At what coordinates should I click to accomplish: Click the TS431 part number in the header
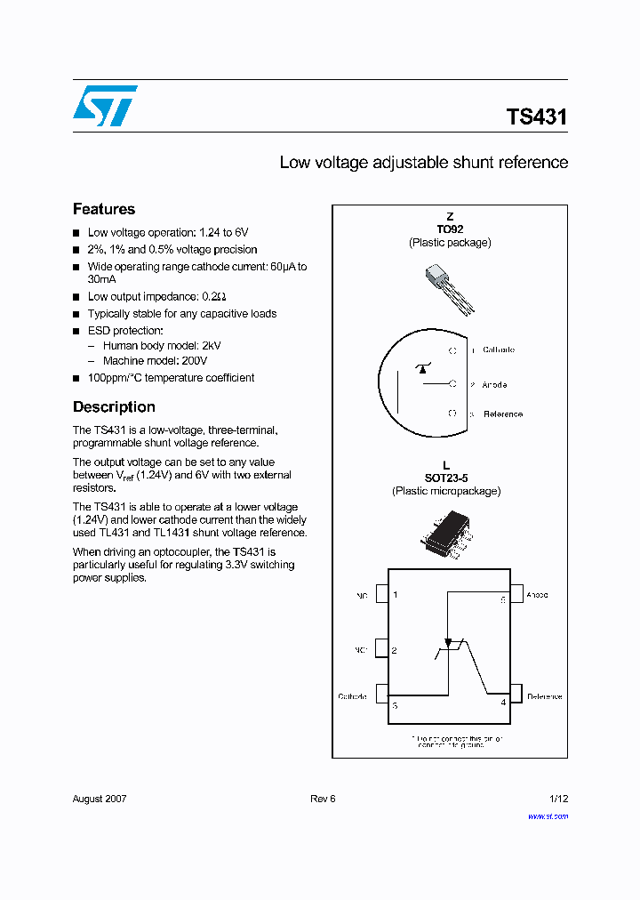coord(536,117)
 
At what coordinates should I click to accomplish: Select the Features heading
coord(104,209)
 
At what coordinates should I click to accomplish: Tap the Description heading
coord(114,406)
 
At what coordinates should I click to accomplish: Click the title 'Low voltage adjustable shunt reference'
coord(423,163)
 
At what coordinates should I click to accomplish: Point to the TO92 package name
coord(450,229)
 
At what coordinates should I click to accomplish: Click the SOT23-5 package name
coord(446,478)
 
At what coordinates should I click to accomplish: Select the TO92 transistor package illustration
coord(450,288)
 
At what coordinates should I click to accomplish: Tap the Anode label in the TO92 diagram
coord(494,385)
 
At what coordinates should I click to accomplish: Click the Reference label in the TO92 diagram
coord(502,414)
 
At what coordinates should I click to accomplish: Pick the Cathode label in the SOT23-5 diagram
coord(352,696)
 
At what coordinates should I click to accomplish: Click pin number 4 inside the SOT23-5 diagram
coord(503,703)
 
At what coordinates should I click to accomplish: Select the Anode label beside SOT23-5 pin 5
coord(537,595)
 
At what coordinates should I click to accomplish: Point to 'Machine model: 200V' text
coord(155,361)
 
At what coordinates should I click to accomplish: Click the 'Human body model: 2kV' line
coord(162,345)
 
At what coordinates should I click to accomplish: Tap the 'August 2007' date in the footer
coord(100,799)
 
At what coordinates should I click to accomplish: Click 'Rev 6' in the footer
coord(323,799)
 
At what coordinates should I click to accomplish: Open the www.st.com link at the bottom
coord(548,816)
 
